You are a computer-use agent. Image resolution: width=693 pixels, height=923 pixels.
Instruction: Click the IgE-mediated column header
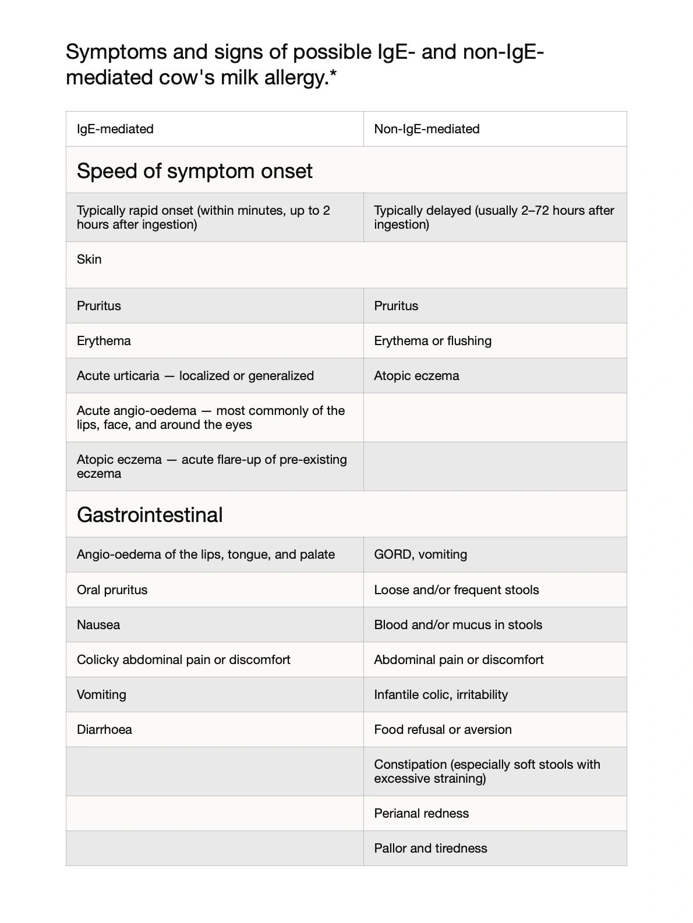[115, 129]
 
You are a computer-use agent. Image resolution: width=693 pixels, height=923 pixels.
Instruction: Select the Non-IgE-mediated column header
[427, 129]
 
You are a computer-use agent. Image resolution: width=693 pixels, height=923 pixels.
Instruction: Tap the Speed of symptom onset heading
[195, 171]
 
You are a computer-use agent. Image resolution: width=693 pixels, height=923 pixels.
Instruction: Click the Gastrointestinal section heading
[150, 515]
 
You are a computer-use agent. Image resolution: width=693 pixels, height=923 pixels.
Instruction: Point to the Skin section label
[89, 260]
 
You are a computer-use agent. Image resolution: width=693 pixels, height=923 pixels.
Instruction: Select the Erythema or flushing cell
[433, 341]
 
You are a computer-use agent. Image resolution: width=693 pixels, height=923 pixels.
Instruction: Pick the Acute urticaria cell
[195, 376]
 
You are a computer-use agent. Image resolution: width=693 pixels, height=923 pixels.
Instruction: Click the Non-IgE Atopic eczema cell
[416, 376]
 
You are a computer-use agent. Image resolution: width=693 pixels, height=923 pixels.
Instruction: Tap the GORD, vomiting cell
[420, 555]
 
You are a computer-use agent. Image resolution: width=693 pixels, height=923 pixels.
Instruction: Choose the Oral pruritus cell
[112, 590]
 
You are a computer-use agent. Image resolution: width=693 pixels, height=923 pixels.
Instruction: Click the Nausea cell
[98, 625]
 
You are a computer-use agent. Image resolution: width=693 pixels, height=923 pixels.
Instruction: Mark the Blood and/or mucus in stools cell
[458, 625]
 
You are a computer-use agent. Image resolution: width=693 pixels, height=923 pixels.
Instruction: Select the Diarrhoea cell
[104, 730]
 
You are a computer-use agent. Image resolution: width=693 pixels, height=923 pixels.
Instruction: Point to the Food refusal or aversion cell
[443, 730]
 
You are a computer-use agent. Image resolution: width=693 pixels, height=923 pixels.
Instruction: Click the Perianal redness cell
[422, 814]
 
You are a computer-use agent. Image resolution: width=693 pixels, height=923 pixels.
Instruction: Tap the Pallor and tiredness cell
[431, 849]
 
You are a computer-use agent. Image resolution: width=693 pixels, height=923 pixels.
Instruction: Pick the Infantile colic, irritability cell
[441, 695]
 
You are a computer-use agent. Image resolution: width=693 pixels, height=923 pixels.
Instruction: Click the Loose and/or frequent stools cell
[457, 590]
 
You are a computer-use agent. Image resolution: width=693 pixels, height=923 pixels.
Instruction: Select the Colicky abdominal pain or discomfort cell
[183, 660]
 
